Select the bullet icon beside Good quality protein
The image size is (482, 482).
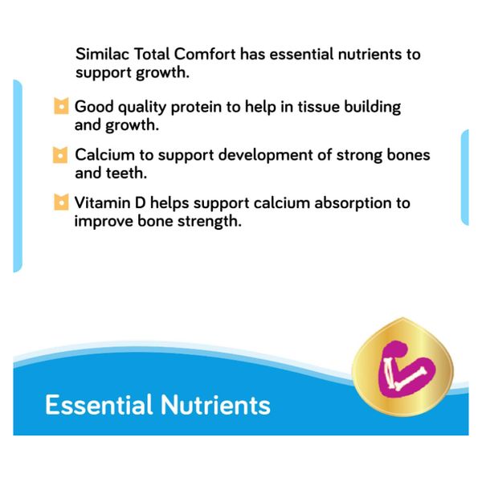coord(60,107)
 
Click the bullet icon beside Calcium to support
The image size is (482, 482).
coord(60,154)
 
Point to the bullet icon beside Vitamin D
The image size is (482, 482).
coord(60,202)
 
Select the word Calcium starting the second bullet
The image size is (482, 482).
coord(102,153)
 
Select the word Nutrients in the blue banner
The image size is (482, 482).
coord(214,405)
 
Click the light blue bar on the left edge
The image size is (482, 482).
coord(17,177)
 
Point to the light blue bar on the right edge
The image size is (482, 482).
coord(464,177)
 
